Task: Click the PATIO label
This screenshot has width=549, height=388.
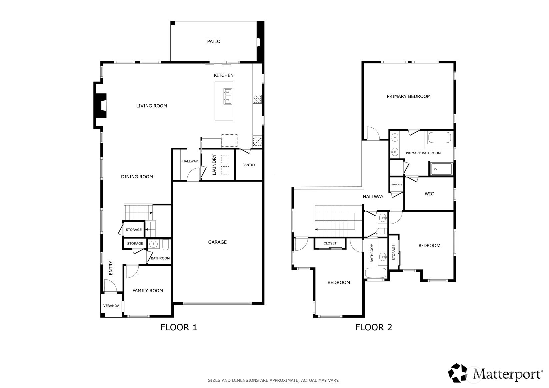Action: pos(214,41)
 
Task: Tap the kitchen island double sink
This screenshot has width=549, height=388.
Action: pos(228,96)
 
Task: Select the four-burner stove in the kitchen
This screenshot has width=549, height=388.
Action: pos(257,99)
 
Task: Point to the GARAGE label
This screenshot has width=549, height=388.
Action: pos(217,242)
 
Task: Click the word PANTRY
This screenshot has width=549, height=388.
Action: pos(249,165)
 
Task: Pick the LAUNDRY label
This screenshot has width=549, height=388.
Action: pos(214,164)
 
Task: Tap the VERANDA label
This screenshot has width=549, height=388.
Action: pos(111,306)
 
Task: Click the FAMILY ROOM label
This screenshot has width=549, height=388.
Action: pos(148,291)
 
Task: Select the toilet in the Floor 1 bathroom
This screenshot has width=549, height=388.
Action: pos(166,245)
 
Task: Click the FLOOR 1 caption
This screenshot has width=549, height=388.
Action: pos(179,327)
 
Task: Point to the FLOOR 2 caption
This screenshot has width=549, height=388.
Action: pos(374,327)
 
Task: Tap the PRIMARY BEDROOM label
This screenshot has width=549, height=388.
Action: pos(409,97)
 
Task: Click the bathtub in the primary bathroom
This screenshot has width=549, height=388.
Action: pos(439,138)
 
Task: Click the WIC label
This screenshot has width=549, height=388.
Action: pos(429,194)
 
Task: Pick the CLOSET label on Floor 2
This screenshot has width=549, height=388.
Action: pos(330,243)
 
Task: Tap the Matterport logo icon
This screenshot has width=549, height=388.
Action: pos(458,373)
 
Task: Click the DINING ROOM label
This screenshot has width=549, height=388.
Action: pos(137,177)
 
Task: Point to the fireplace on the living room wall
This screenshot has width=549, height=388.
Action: pos(100,105)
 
